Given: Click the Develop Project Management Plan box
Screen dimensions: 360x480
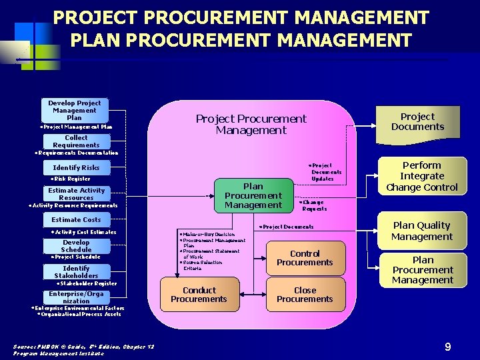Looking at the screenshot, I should pyautogui.click(x=75, y=110).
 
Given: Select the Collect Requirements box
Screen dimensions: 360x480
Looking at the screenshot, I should pyautogui.click(x=76, y=141).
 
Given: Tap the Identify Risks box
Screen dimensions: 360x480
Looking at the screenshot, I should pyautogui.click(x=76, y=167).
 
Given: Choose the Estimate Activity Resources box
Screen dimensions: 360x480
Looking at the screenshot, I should pyautogui.click(x=76, y=194).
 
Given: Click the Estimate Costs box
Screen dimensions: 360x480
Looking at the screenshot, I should pyautogui.click(x=76, y=219).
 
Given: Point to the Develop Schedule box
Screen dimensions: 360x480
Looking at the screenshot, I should pyautogui.click(x=76, y=245).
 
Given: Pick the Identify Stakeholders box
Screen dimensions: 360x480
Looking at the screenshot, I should pyautogui.click(x=76, y=272).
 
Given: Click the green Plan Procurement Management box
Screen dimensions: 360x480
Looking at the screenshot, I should pyautogui.click(x=253, y=195).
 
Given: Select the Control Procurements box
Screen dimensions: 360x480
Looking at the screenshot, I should pyautogui.click(x=305, y=258).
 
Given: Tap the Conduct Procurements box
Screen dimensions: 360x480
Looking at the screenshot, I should pyautogui.click(x=199, y=295).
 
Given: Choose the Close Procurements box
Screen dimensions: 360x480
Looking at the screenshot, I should pyautogui.click(x=305, y=295).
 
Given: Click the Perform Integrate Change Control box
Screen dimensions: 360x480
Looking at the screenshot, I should pyautogui.click(x=422, y=176).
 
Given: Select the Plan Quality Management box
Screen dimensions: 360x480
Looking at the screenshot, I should pyautogui.click(x=422, y=231).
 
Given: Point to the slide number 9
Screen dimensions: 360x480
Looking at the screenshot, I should pyautogui.click(x=448, y=346).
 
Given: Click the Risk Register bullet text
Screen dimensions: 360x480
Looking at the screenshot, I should pyautogui.click(x=71, y=179).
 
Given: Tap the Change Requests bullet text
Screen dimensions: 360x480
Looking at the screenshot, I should pyautogui.click(x=314, y=205).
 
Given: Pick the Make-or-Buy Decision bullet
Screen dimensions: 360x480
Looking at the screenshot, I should pyautogui.click(x=208, y=234).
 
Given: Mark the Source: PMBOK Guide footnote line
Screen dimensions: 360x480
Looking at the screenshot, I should pyautogui.click(x=84, y=346).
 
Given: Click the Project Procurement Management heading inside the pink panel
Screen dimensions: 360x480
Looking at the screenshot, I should pyautogui.click(x=251, y=124).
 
